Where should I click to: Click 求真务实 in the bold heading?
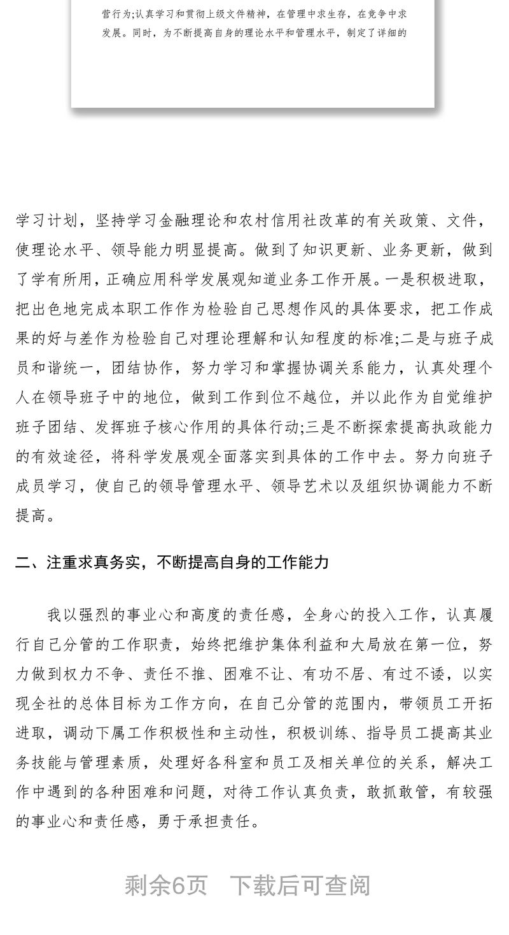[111, 562]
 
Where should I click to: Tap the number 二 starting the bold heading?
[23, 562]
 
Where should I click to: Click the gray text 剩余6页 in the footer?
[166, 885]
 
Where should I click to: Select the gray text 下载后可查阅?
[300, 885]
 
